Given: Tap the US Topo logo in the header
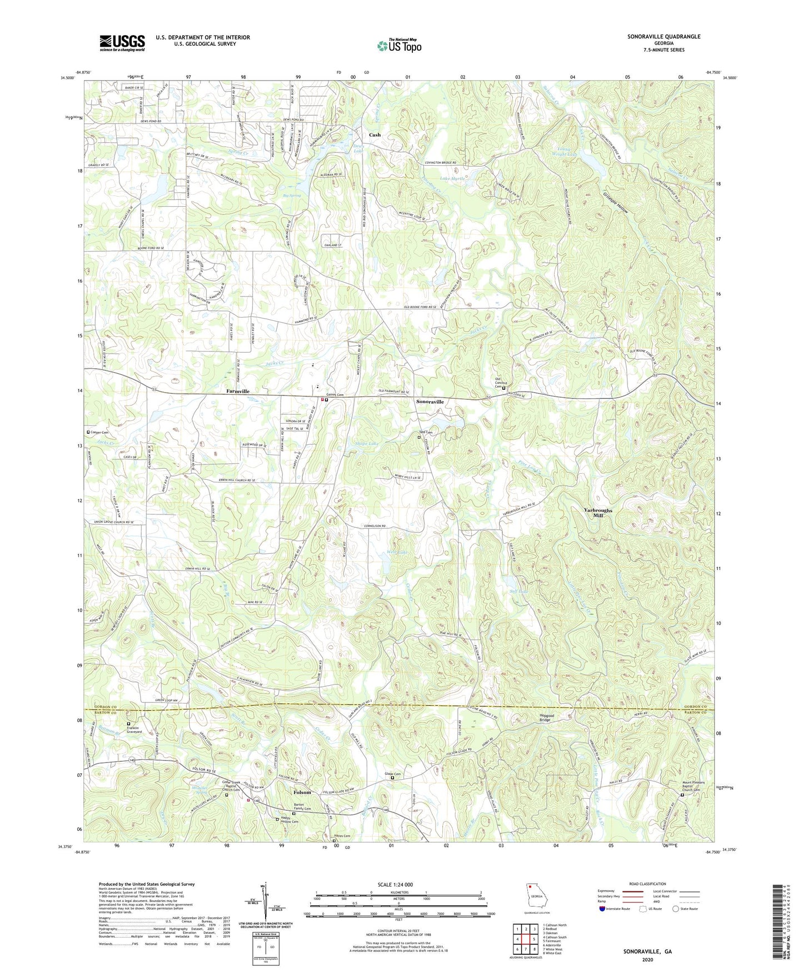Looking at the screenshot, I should (398, 46).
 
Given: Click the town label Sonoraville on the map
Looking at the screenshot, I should (430, 401).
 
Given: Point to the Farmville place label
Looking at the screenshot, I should (238, 392).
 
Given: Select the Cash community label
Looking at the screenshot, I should (375, 135).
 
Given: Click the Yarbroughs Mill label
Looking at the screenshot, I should (598, 513).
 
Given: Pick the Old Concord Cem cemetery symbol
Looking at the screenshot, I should (504, 389).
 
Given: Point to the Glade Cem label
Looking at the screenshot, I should (393, 774).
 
